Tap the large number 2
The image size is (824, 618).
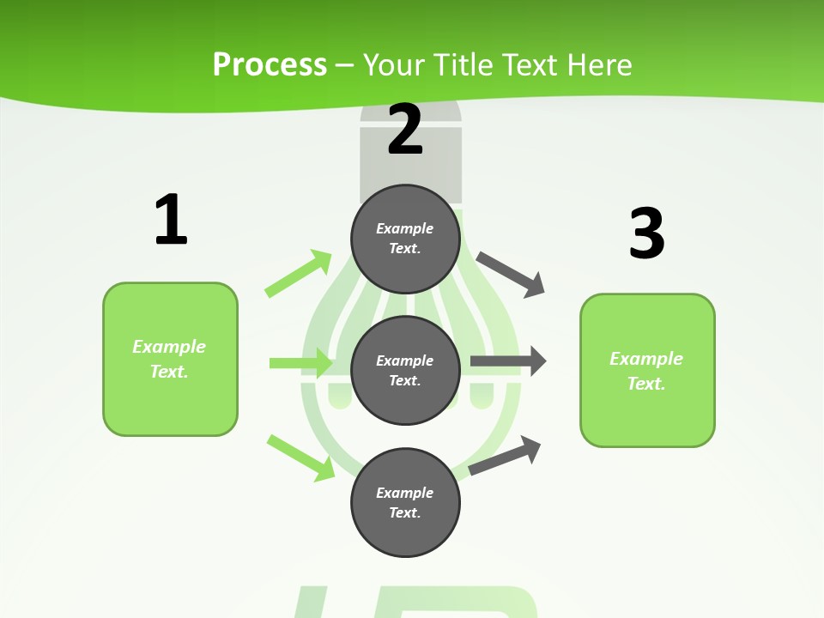pos(405,129)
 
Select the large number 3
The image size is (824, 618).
pos(646,233)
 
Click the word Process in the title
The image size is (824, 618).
pos(270,64)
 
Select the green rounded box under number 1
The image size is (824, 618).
pos(170,359)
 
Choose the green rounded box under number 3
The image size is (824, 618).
pos(647,370)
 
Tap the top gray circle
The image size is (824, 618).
pos(405,238)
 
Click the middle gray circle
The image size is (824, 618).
pos(405,370)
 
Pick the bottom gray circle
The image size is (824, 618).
pos(405,502)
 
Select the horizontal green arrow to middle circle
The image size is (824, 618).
pos(300,363)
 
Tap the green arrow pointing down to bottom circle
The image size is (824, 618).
pos(301,457)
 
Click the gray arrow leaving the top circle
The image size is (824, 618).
pos(511,274)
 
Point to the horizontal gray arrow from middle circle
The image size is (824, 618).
pos(508,361)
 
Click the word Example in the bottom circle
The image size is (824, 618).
pos(405,493)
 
